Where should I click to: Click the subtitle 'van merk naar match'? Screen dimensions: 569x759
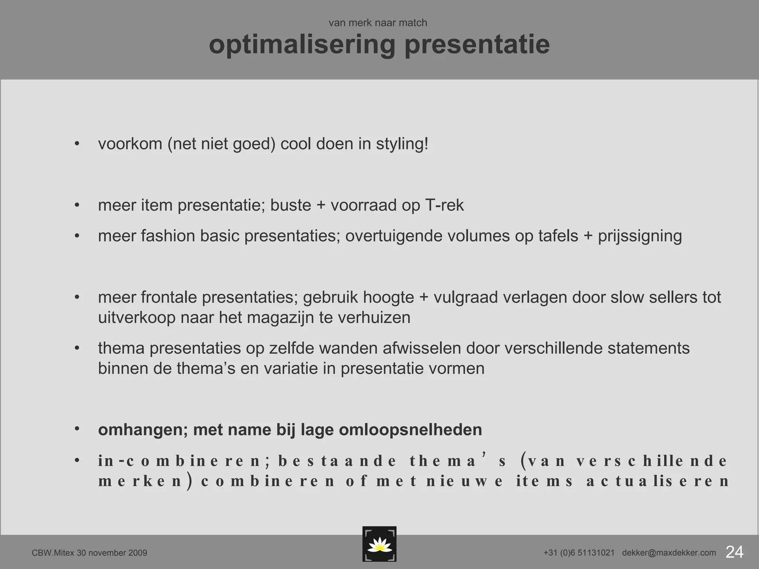(x=378, y=23)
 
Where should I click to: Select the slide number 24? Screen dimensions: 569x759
(x=734, y=552)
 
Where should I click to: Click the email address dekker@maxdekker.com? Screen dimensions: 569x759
(x=669, y=553)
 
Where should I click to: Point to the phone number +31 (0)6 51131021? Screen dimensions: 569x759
(x=579, y=553)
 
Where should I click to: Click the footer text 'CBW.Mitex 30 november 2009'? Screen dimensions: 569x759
(x=89, y=553)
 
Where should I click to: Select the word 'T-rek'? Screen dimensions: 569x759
(x=444, y=206)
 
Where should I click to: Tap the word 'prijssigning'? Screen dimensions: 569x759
(x=640, y=236)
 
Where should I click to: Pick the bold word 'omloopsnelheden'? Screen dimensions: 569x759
(x=410, y=430)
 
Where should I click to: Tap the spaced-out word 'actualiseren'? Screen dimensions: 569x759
(x=658, y=481)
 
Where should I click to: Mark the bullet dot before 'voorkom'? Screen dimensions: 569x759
(x=77, y=144)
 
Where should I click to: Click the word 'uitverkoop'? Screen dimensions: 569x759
(x=136, y=318)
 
